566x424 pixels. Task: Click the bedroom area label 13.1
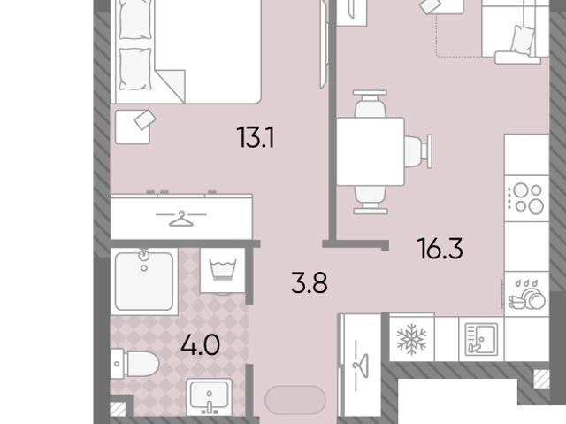[256, 137]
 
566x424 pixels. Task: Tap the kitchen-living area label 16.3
[440, 249]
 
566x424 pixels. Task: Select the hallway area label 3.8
[310, 282]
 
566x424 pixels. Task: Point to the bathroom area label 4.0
[201, 344]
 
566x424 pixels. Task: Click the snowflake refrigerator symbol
[411, 339]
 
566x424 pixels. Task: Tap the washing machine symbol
[223, 270]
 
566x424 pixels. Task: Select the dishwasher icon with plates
[527, 295]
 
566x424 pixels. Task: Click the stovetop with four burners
[527, 198]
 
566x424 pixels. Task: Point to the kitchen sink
[481, 339]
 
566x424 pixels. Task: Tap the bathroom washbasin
[209, 397]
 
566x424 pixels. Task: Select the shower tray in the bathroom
[144, 281]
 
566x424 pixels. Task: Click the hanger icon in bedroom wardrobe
[181, 219]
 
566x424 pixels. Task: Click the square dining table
[371, 151]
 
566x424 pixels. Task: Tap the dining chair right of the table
[418, 151]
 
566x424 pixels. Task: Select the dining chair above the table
[371, 104]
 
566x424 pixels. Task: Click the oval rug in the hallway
[295, 400]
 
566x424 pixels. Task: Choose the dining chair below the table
[371, 200]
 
